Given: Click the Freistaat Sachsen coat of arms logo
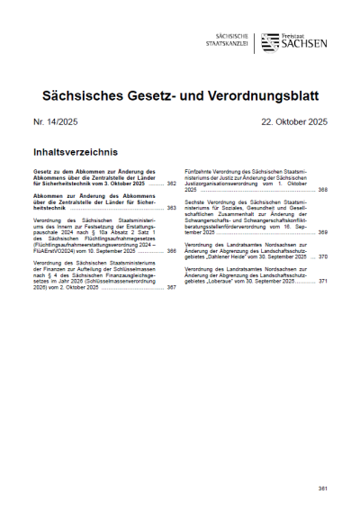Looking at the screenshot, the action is tap(269, 41).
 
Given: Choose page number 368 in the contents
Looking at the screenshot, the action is tap(321, 191).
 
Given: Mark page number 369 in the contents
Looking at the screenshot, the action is tap(321, 232).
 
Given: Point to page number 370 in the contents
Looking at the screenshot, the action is tap(321, 256).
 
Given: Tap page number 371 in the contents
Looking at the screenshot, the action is tap(321, 282).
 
